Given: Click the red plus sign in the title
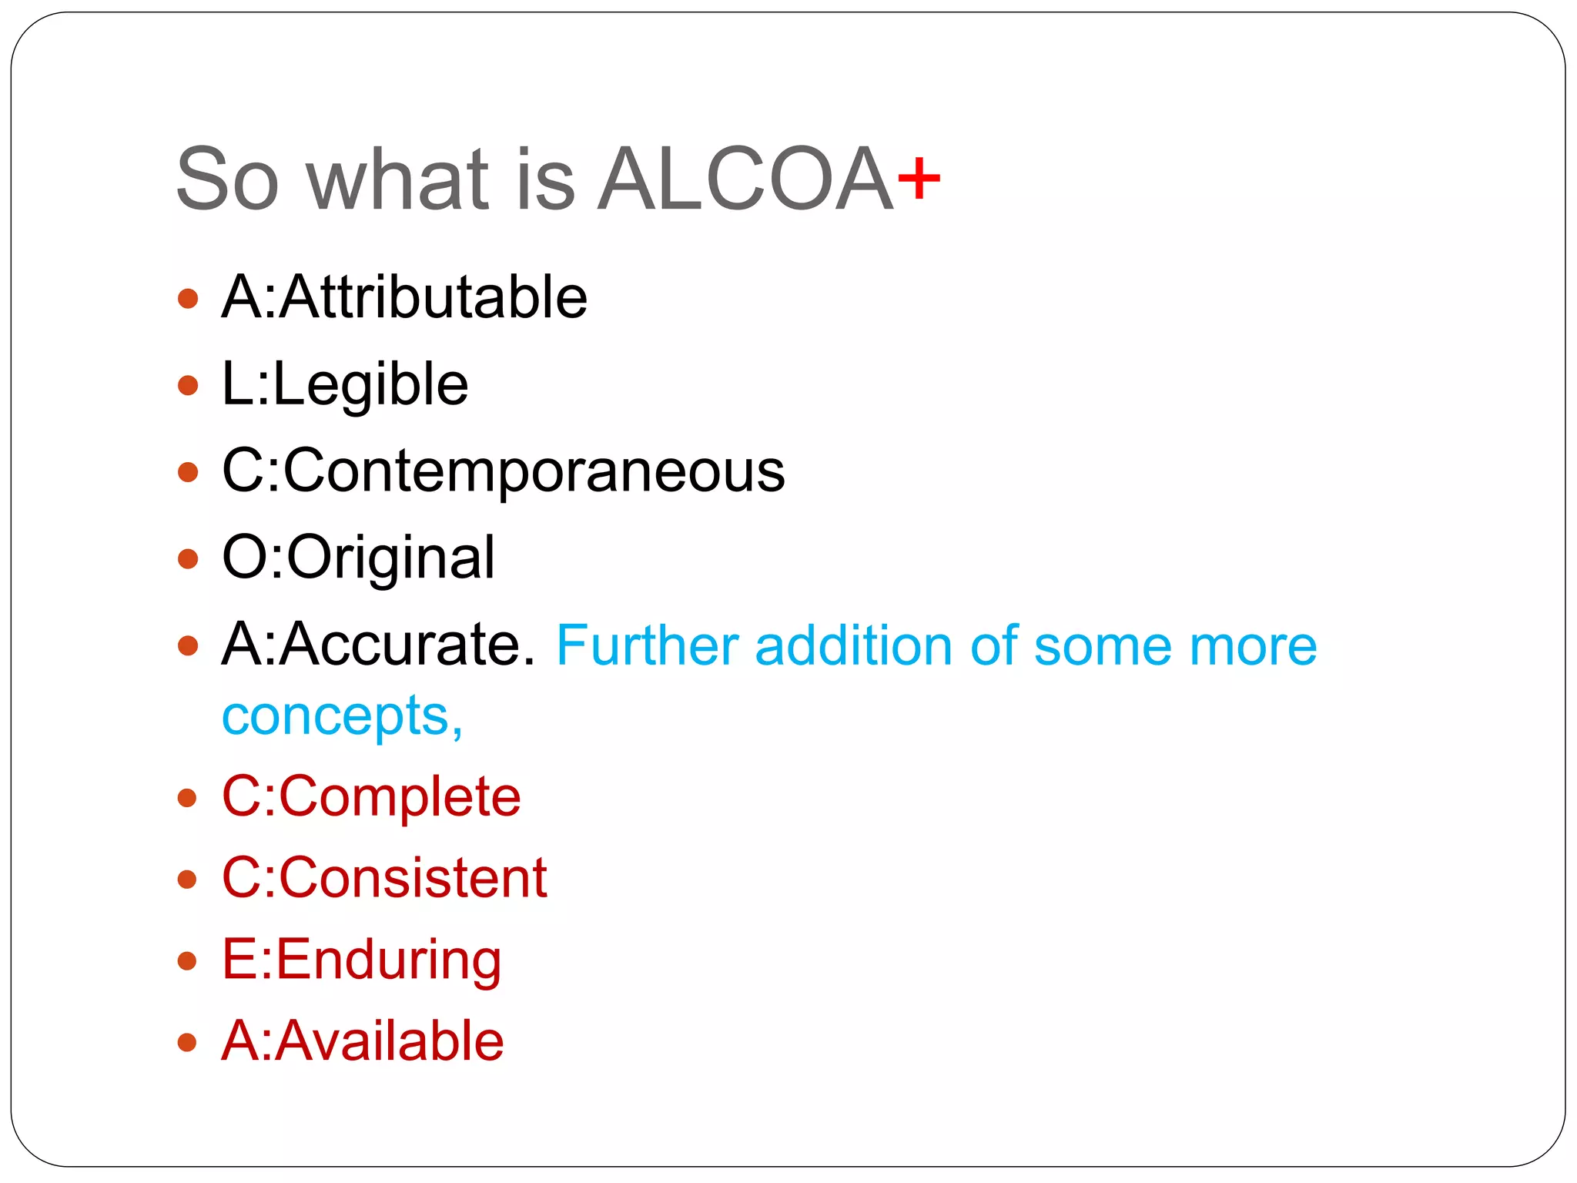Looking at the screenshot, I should [919, 180].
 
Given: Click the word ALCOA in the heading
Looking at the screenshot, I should [745, 180].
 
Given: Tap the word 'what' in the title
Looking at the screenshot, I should [397, 180].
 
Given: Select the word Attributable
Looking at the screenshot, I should [434, 297].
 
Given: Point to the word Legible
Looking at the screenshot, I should [370, 385].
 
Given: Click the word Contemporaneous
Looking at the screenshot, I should [534, 471].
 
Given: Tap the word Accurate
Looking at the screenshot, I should [407, 645].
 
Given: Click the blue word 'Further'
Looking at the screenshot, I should [647, 645].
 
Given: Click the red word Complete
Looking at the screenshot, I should [400, 796].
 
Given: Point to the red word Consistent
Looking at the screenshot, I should [413, 878].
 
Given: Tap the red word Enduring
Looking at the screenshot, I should [388, 960].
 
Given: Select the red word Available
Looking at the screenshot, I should [390, 1041].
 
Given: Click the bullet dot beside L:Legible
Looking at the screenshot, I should [188, 385].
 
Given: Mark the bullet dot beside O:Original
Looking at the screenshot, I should [188, 558].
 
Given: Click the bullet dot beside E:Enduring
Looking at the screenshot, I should [188, 960].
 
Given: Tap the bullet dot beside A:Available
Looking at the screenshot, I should [188, 1042].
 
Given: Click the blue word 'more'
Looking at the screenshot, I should [1253, 645].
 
